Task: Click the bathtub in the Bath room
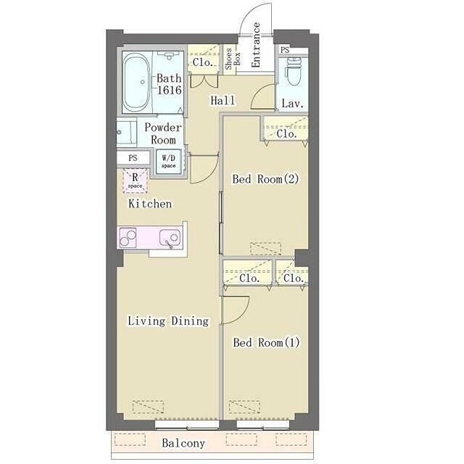point(136,82)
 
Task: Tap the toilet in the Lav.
point(293,72)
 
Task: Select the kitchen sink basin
point(170,237)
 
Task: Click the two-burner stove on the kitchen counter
point(128,237)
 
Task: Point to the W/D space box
point(169,162)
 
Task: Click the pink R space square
point(135,181)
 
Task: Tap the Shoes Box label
point(233,59)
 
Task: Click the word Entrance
point(255,45)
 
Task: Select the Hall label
point(223,100)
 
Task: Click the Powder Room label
point(162,133)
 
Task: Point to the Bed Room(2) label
point(265,179)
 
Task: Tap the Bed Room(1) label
point(266,343)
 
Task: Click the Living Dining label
point(168,321)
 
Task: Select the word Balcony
point(183,443)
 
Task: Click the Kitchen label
point(150,204)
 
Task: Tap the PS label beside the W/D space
point(133,158)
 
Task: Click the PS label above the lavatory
point(285,50)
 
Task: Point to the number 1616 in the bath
point(169,90)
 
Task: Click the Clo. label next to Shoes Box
point(203,62)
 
